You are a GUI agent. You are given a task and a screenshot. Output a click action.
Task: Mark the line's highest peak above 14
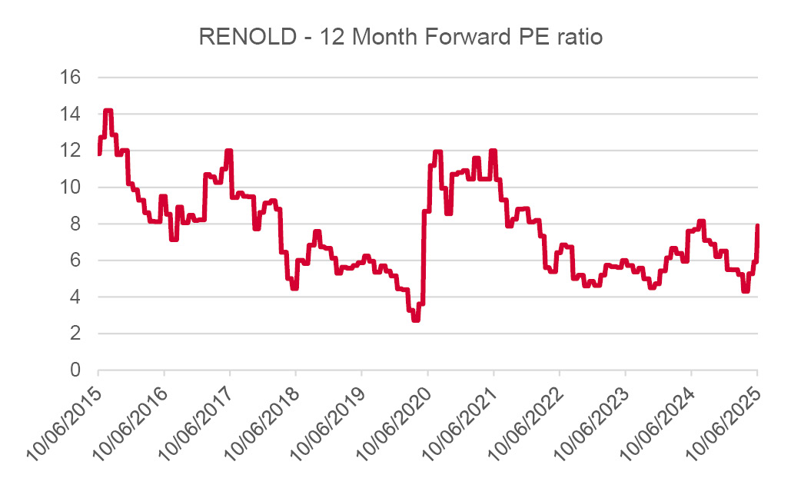(x=108, y=111)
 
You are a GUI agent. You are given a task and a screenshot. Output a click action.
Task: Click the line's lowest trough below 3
(x=416, y=319)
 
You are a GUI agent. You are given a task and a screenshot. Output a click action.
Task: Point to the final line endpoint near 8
(x=758, y=226)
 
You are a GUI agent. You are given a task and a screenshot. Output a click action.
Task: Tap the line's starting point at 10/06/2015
(x=99, y=154)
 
